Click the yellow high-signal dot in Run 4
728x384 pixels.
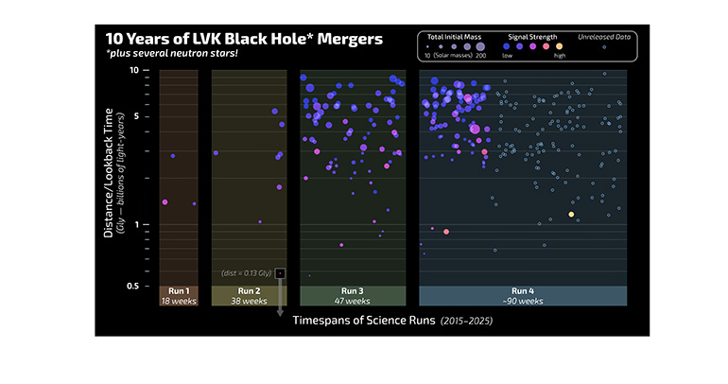point(571,215)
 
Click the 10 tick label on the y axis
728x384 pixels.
point(134,71)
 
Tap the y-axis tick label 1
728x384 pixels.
point(137,225)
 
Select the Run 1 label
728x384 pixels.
point(178,290)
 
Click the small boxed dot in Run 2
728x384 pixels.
point(281,273)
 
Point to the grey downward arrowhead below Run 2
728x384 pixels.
point(281,314)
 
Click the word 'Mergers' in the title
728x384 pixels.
point(338,40)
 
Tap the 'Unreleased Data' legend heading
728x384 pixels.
point(605,37)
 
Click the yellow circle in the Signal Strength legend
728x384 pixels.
point(559,45)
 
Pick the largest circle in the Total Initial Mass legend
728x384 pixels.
point(479,45)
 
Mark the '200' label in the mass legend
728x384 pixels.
point(479,56)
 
